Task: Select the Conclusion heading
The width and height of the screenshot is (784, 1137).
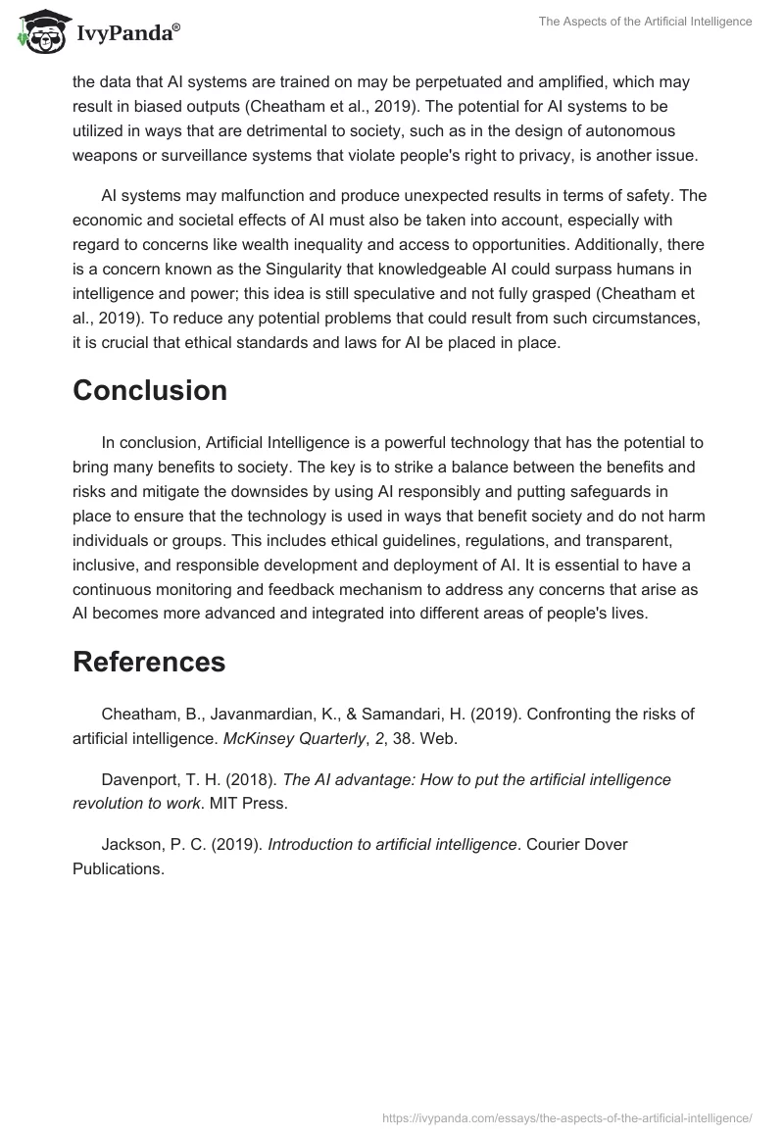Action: point(150,390)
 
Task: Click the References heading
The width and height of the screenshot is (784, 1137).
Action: point(149,662)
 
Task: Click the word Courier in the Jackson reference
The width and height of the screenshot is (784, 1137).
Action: point(560,844)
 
